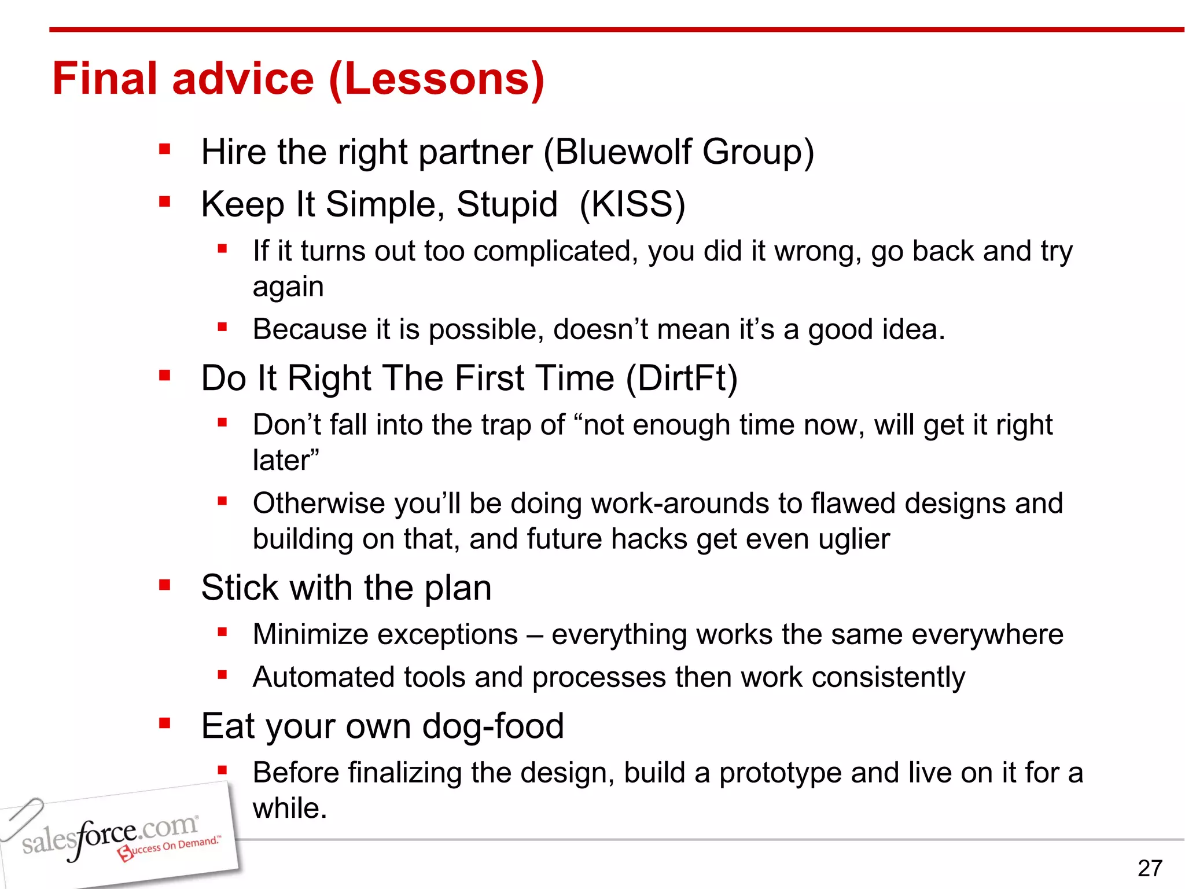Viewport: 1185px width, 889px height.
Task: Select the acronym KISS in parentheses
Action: click(632, 204)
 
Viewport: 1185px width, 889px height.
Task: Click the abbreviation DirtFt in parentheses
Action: click(682, 379)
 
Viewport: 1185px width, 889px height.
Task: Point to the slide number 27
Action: click(1149, 868)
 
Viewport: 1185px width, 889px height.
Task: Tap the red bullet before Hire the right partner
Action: click(165, 150)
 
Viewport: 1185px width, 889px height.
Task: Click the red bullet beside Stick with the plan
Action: click(165, 586)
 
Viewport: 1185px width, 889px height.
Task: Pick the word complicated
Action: click(555, 252)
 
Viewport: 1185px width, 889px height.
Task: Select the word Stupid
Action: click(507, 204)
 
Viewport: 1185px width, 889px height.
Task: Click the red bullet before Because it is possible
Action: click(222, 327)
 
